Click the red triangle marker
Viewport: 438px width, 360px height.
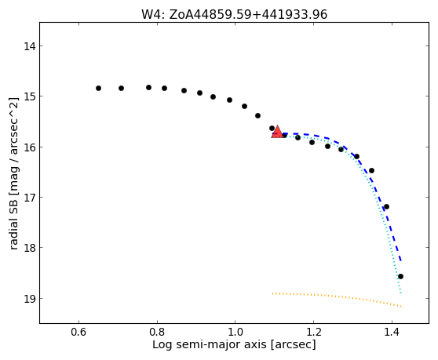[277, 132]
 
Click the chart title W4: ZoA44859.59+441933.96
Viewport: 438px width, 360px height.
[234, 14]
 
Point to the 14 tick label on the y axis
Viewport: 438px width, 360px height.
[30, 46]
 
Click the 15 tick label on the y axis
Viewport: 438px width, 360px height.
[30, 96]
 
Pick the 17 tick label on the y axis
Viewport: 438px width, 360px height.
[30, 198]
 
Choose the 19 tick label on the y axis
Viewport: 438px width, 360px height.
[30, 298]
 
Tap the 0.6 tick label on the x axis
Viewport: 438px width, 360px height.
[78, 332]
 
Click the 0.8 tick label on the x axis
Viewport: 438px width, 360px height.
[157, 332]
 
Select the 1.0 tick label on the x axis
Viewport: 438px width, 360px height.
[235, 332]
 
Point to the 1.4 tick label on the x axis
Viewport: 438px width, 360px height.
[392, 332]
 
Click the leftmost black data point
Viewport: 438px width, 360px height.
[98, 88]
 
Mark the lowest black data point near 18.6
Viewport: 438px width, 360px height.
[400, 277]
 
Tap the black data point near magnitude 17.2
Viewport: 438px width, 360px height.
[387, 207]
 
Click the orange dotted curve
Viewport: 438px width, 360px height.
[335, 296]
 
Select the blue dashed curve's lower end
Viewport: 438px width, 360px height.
[401, 261]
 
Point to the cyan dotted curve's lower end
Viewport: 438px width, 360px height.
[401, 293]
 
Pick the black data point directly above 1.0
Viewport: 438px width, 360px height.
[230, 100]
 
